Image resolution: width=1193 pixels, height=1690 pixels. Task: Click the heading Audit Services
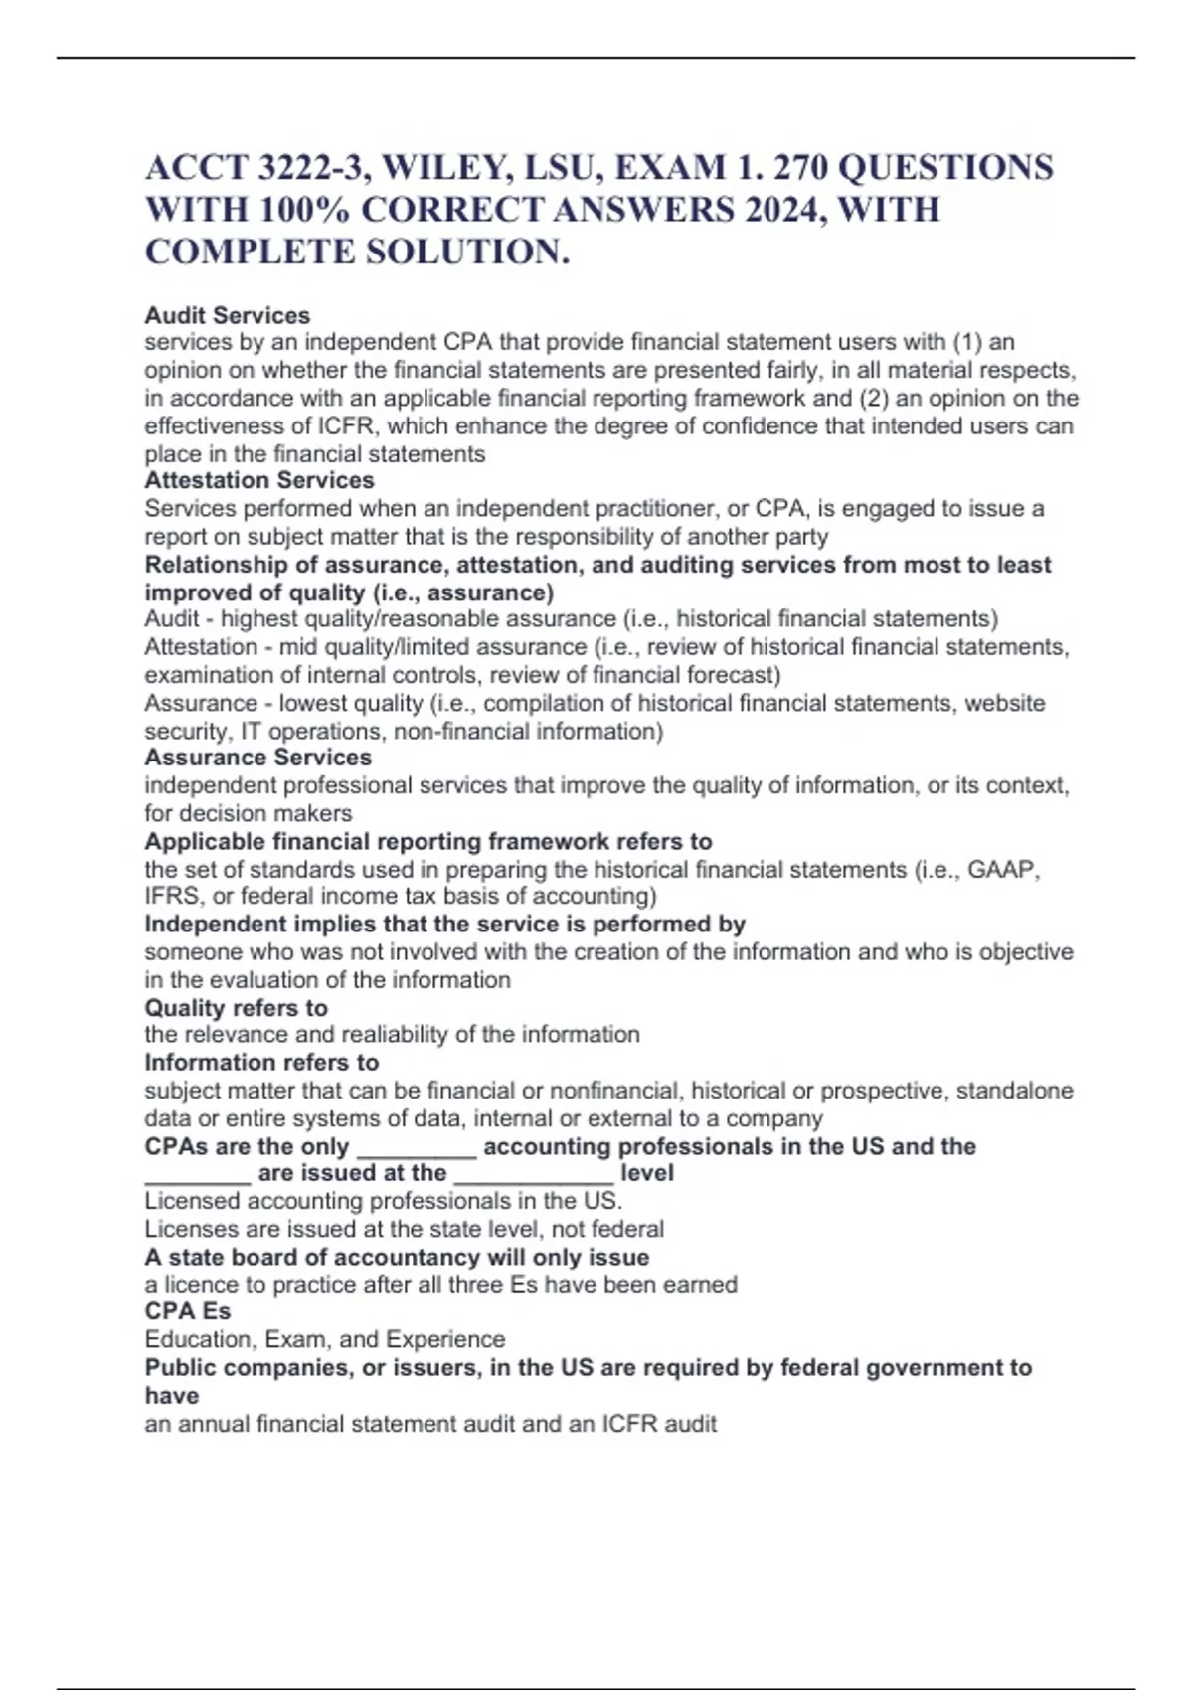pos(228,315)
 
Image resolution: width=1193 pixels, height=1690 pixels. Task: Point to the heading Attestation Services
pos(259,480)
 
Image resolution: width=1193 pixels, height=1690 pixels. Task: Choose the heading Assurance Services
pos(258,757)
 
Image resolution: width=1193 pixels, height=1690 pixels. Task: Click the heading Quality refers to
pos(237,1007)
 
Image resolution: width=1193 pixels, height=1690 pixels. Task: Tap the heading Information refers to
pos(261,1062)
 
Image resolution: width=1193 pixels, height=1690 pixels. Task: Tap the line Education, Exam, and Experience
pos(325,1339)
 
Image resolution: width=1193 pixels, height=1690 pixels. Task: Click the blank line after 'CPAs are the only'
pos(417,1148)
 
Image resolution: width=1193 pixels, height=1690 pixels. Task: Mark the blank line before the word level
pos(533,1174)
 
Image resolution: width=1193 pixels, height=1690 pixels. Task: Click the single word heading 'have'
pos(172,1395)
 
